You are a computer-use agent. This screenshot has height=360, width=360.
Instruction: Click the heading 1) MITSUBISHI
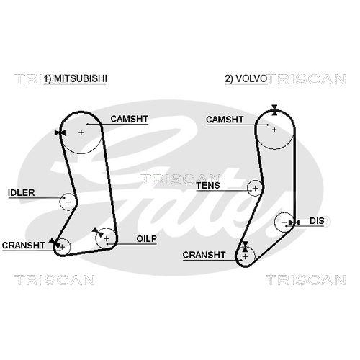coord(76,78)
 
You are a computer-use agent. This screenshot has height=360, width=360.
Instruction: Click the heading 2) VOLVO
coord(246,78)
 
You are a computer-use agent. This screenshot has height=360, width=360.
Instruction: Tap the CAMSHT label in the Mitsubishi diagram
coord(130,119)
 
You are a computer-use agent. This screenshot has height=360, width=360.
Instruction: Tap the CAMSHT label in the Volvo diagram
coord(225,120)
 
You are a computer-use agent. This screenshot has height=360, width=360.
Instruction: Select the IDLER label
coord(22,192)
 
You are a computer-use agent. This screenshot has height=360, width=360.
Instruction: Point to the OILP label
coord(146,238)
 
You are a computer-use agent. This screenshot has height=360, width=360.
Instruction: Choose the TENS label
coord(208,185)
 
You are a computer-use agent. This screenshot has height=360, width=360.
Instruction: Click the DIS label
coord(317,221)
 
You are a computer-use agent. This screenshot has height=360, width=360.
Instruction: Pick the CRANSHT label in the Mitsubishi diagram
coord(24,246)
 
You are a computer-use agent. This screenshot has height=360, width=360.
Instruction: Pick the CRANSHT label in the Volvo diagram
coord(204,255)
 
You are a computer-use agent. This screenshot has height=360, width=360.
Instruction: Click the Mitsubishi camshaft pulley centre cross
coord(81,132)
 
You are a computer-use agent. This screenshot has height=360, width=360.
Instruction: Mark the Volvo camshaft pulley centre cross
coord(274,130)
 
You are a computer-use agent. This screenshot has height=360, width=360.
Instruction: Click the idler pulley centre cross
coord(68,202)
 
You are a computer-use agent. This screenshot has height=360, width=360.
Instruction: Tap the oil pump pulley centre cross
coord(107,238)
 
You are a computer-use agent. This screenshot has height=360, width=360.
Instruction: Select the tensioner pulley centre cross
coord(255,188)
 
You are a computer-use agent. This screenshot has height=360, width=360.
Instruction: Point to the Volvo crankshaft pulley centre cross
coord(245,257)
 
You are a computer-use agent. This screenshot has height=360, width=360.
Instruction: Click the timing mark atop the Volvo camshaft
coord(274,110)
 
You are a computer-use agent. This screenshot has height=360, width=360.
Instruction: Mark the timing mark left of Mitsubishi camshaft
coord(60,132)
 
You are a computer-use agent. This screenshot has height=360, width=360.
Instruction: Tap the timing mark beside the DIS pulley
coord(294,222)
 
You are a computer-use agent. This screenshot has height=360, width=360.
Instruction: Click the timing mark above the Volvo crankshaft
coord(245,247)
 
